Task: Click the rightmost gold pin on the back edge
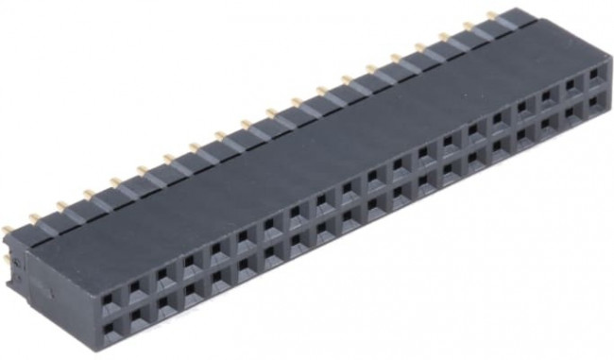point(491,14)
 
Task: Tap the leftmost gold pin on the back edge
point(9,228)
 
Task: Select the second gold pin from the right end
point(467,26)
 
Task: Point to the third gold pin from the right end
point(441,36)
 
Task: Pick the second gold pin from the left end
point(34,216)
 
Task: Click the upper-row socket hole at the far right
point(595,72)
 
